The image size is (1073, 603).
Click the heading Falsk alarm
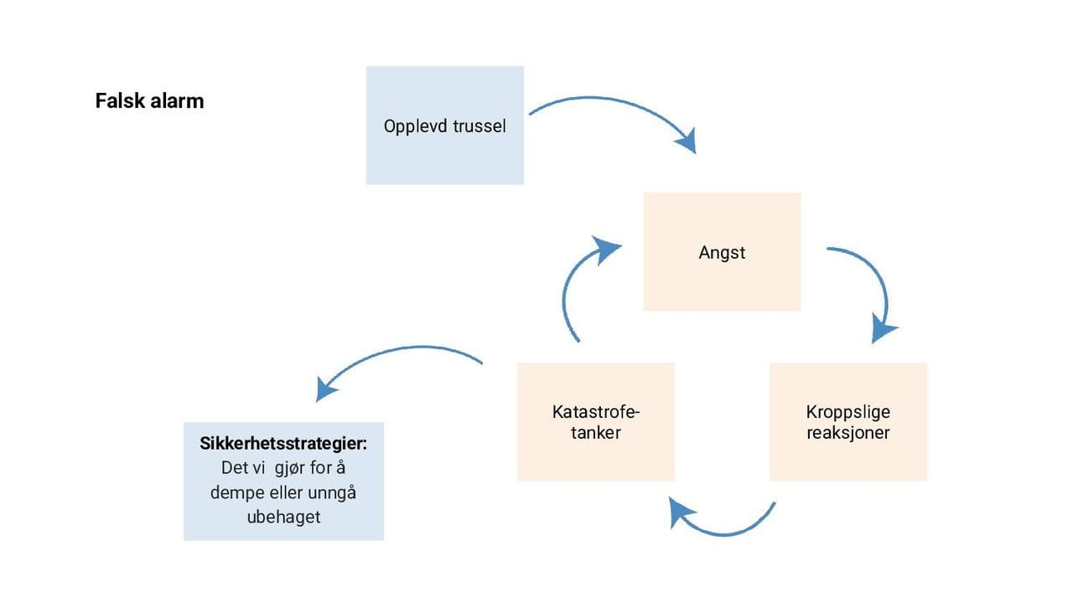point(149,101)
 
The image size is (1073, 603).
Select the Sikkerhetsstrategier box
point(283,481)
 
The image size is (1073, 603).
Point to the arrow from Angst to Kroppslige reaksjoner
point(877,285)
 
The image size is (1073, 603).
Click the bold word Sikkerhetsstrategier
point(283,444)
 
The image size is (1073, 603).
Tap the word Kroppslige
point(848,412)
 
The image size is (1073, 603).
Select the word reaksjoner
point(848,433)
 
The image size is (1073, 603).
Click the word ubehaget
point(283,517)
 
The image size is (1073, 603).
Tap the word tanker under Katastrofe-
point(595,433)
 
